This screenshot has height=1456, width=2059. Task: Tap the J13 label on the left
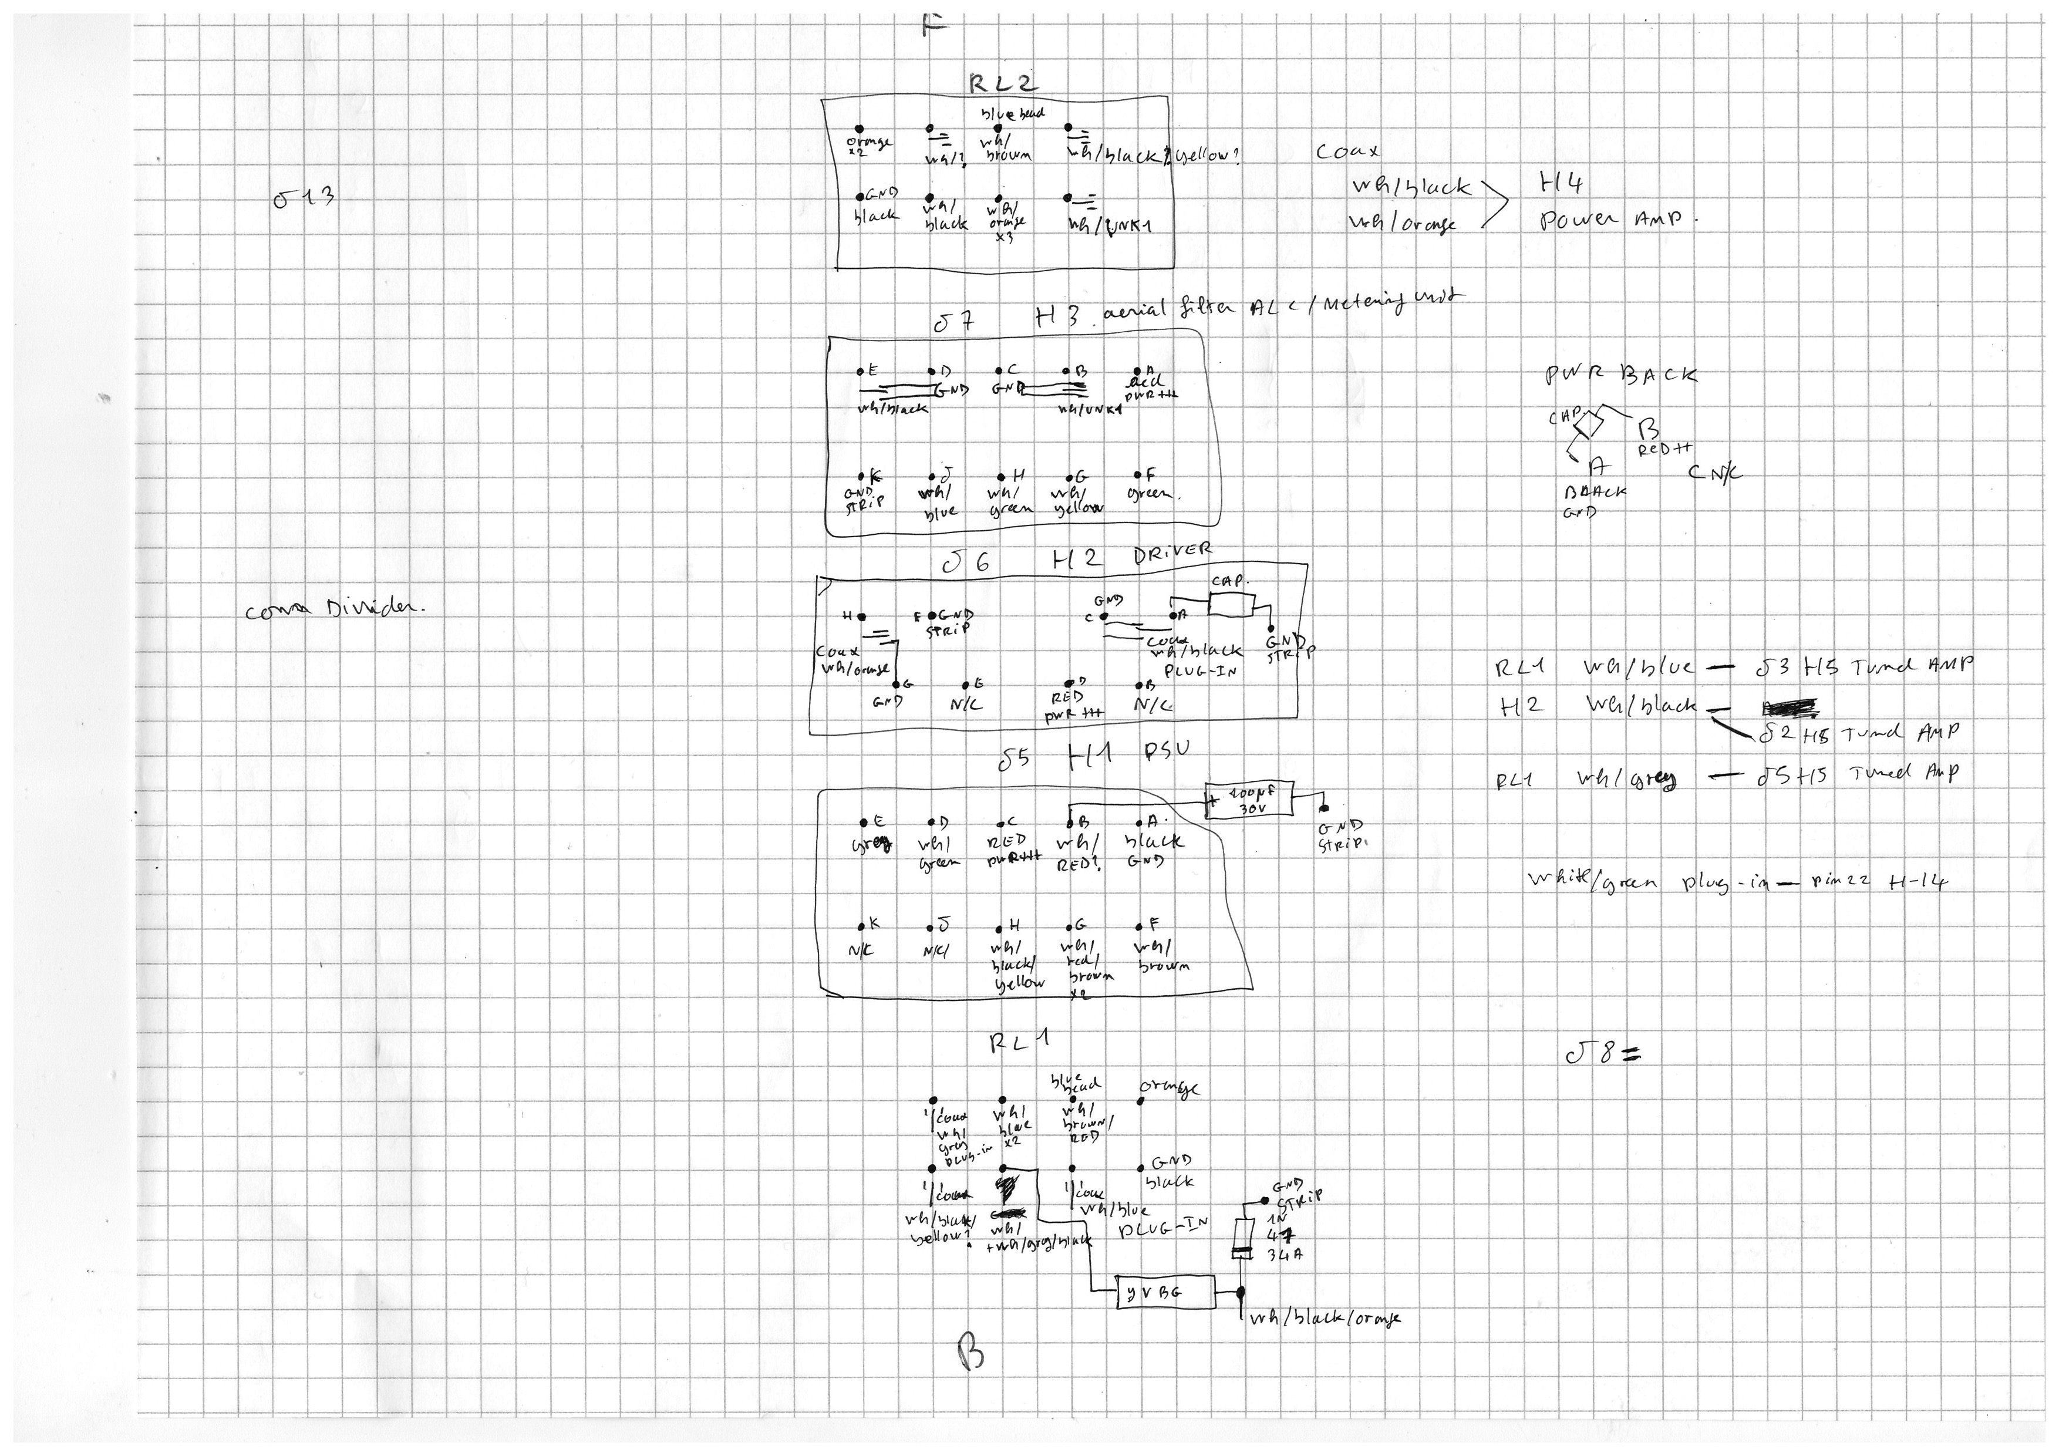tap(304, 197)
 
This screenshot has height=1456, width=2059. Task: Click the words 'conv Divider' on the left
tap(335, 609)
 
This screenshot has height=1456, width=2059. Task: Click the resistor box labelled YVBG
tap(1164, 1292)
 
